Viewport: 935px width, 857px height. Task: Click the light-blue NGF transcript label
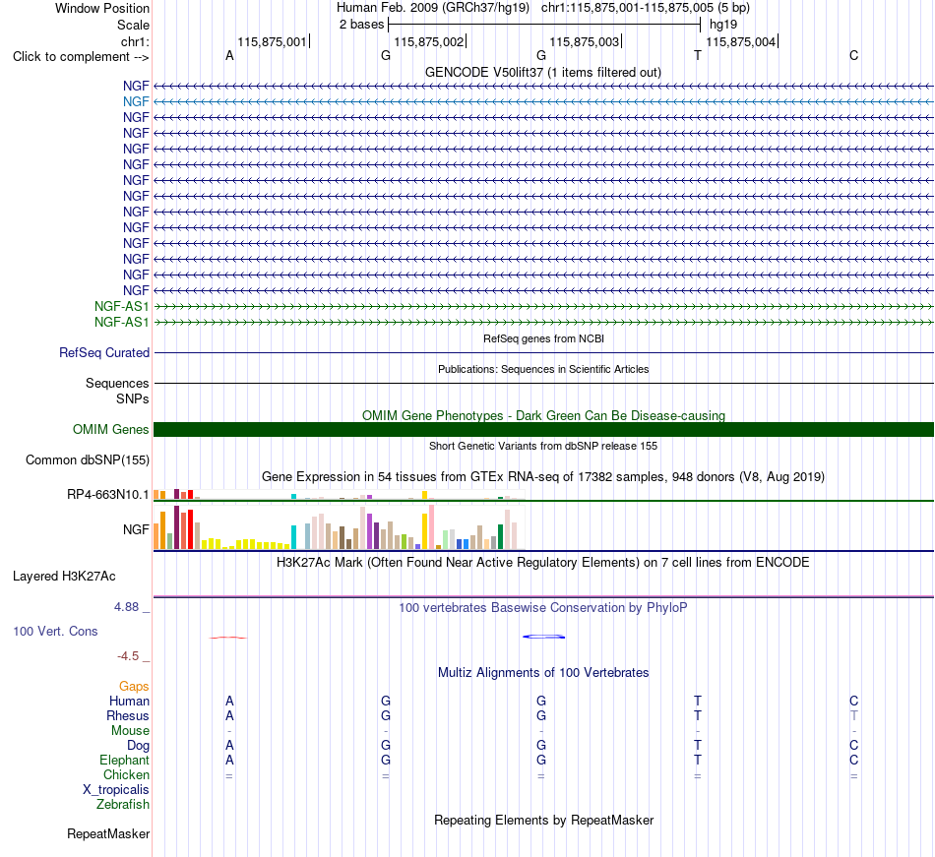(x=136, y=102)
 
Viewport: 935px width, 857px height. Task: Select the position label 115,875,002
(x=429, y=41)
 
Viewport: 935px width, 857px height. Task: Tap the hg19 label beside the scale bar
(x=723, y=25)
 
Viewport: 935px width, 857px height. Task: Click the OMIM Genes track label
(x=111, y=429)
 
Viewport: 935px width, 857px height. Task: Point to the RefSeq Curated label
(x=104, y=353)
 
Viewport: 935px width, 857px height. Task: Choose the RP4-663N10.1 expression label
(x=108, y=495)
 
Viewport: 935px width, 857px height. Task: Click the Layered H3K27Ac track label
(x=64, y=577)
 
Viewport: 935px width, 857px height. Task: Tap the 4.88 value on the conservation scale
(x=126, y=607)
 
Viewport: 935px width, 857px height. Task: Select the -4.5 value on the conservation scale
(x=128, y=656)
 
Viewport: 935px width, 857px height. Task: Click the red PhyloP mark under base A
(x=227, y=638)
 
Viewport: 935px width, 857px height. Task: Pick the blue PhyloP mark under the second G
(x=544, y=637)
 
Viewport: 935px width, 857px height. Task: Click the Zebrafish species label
(x=123, y=805)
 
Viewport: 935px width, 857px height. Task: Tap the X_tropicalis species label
(x=116, y=790)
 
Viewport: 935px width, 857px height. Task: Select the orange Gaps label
(x=134, y=687)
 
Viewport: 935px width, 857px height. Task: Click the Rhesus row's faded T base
(x=854, y=715)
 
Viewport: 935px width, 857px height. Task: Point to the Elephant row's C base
(x=854, y=760)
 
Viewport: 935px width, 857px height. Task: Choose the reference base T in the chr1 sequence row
(x=698, y=55)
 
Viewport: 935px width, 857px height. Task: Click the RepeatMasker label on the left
(x=108, y=833)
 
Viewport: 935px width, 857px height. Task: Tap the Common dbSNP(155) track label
(x=88, y=460)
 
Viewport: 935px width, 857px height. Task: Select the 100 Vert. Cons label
(x=55, y=631)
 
